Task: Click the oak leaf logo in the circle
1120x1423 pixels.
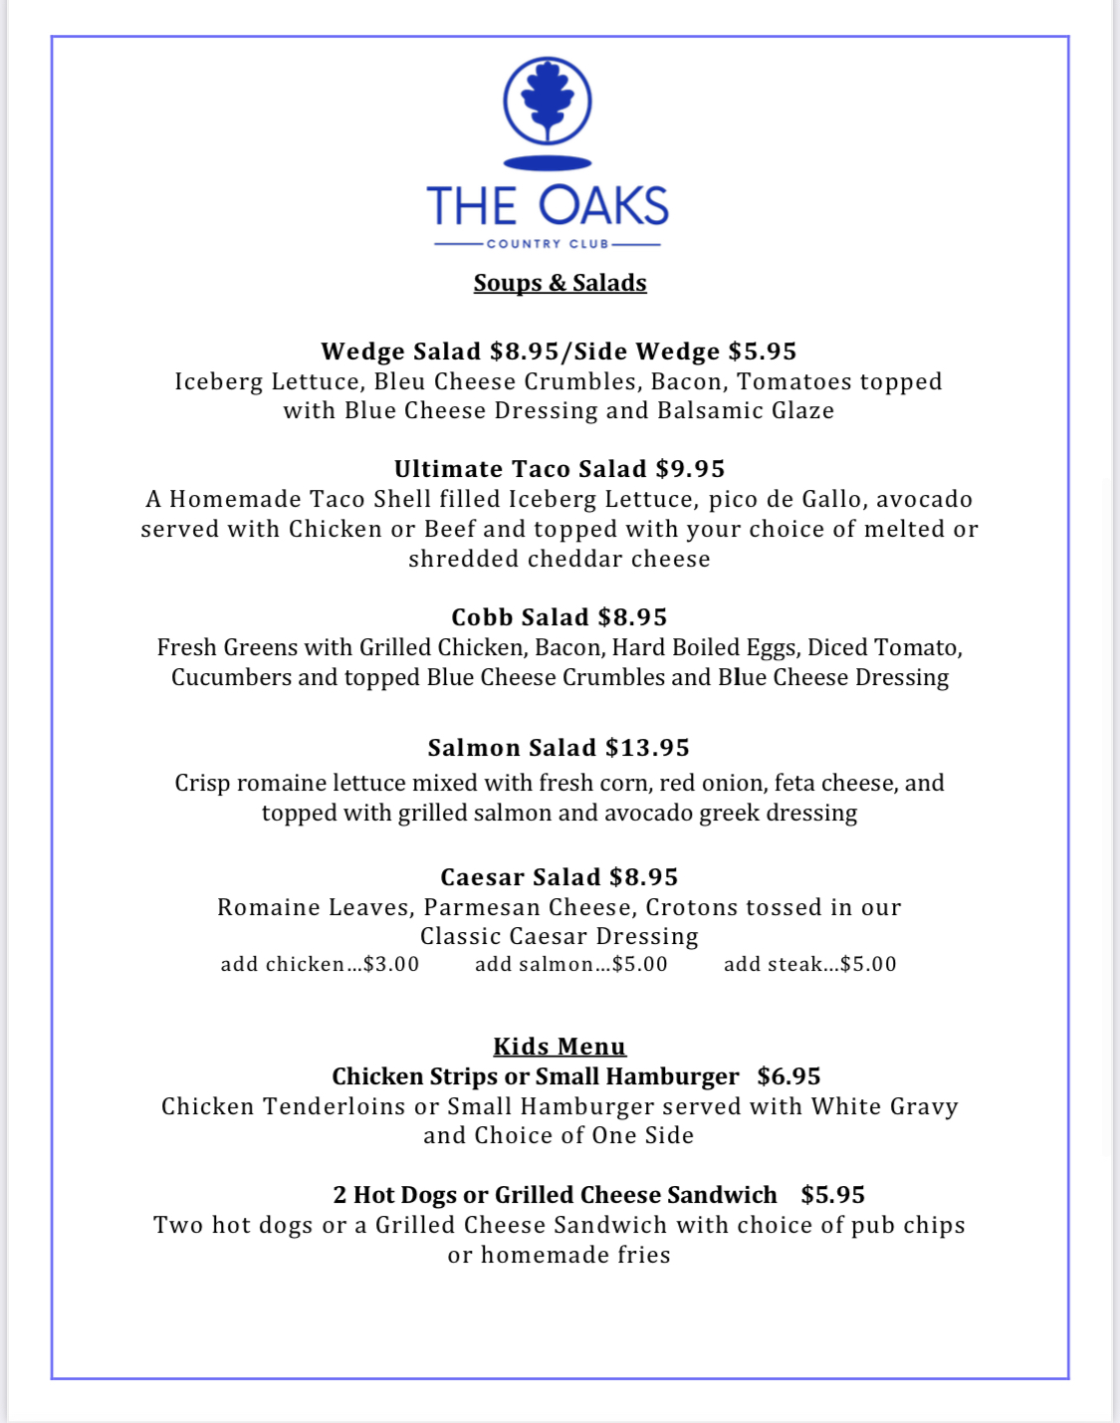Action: coord(548,102)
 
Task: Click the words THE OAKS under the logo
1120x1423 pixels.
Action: coord(548,206)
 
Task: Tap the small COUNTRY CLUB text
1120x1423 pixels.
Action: coord(548,244)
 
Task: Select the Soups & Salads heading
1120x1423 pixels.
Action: coord(560,283)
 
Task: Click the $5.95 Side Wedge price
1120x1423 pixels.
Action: coord(763,352)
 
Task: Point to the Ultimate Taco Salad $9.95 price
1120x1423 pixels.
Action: coord(690,469)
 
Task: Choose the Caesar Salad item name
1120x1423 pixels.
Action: coord(521,877)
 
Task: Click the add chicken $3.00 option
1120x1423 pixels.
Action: coord(320,964)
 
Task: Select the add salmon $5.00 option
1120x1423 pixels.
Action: coord(570,964)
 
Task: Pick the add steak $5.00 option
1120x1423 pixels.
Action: coord(809,964)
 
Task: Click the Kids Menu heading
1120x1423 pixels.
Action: coord(560,1047)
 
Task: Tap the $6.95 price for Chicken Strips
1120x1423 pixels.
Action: coord(788,1076)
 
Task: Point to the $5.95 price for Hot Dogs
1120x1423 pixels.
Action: coord(832,1195)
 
